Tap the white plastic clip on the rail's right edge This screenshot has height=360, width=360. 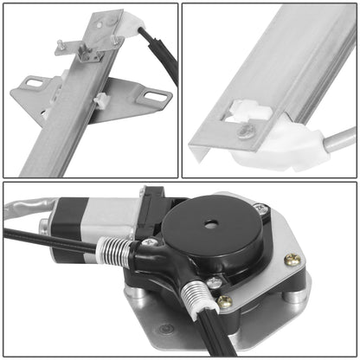click(102, 101)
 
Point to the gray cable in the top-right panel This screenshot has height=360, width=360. click(337, 138)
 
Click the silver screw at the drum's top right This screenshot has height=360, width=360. click(258, 208)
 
